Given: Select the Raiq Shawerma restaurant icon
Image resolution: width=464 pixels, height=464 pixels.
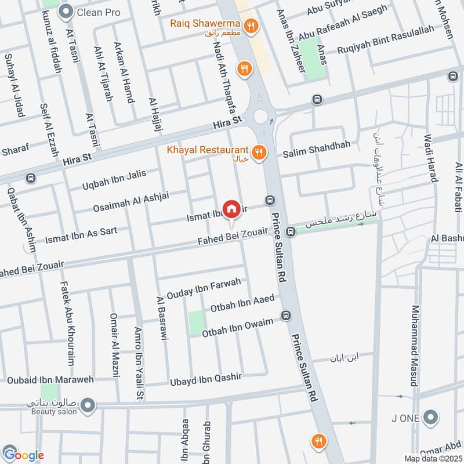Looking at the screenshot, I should pyautogui.click(x=251, y=25).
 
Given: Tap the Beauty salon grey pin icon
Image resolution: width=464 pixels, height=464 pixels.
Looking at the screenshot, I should pyautogui.click(x=88, y=405).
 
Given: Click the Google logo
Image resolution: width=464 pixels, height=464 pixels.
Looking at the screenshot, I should pyautogui.click(x=23, y=455).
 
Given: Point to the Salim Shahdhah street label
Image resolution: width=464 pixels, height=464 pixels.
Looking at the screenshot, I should pyautogui.click(x=316, y=149).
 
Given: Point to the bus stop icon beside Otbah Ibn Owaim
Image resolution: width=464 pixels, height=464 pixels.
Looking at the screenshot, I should pyautogui.click(x=285, y=316).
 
